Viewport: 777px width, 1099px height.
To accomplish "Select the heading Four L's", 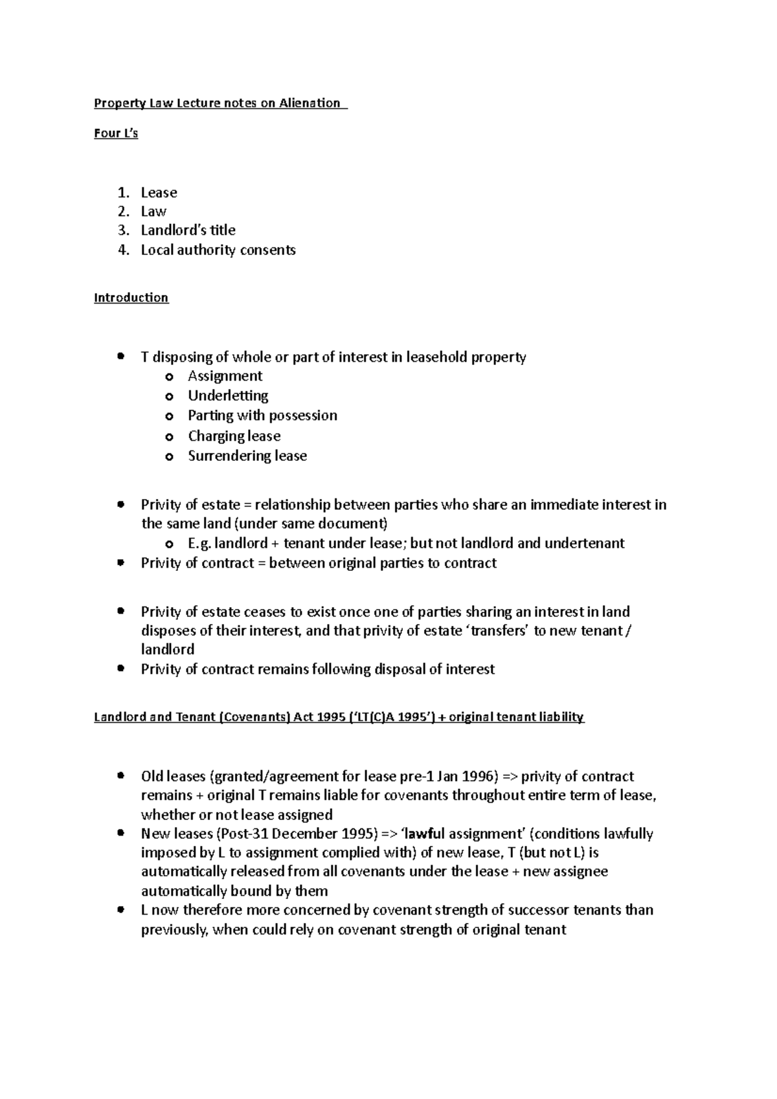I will click(x=116, y=133).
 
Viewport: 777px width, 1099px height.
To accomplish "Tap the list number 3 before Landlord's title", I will click(x=123, y=230).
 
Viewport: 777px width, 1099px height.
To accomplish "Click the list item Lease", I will click(x=159, y=193).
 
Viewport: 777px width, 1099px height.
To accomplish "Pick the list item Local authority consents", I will click(x=218, y=250).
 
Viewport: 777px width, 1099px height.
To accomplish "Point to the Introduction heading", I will click(x=131, y=298).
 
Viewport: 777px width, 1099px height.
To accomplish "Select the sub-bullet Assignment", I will click(x=225, y=376).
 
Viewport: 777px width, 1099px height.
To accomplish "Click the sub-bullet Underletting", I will click(x=228, y=395).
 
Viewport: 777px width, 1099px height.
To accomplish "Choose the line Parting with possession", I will click(x=262, y=416).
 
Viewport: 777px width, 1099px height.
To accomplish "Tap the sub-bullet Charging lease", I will click(x=234, y=436).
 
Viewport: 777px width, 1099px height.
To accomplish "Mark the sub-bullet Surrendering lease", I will click(x=247, y=456).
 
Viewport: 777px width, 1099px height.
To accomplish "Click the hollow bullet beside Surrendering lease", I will click(x=170, y=457).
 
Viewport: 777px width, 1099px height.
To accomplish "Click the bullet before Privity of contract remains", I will click(x=120, y=669).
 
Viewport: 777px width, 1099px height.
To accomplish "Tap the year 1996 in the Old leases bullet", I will click(x=479, y=776).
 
